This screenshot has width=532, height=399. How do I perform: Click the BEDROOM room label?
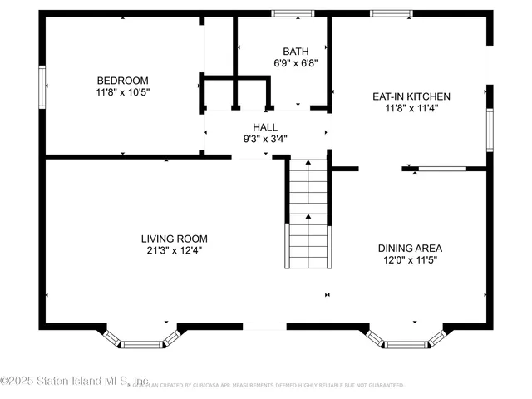[122, 81]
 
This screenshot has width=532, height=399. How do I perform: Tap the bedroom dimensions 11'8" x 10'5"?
[122, 92]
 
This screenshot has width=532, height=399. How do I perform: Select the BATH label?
[295, 51]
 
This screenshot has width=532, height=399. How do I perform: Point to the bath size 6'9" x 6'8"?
[296, 62]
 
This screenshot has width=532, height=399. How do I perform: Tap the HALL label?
[266, 127]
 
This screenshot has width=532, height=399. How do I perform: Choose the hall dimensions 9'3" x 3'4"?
[266, 139]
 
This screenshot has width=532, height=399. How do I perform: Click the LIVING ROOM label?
[174, 238]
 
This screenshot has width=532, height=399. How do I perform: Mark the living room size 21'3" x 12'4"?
[174, 249]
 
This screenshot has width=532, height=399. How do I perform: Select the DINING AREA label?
[410, 248]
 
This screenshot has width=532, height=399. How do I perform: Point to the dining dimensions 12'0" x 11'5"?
[410, 259]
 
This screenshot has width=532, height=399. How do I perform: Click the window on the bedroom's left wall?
[42, 87]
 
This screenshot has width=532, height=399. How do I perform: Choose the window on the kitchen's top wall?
[392, 13]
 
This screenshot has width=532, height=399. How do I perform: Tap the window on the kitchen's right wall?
[490, 129]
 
